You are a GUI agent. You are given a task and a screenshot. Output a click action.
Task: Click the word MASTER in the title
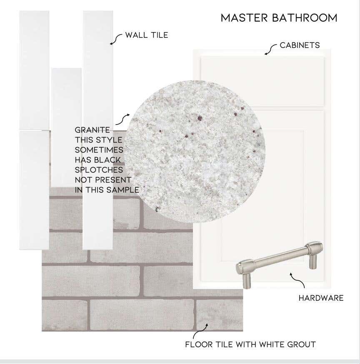(x=244, y=18)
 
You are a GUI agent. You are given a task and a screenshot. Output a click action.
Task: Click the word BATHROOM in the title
(x=305, y=18)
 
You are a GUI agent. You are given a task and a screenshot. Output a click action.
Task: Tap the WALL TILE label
(x=147, y=35)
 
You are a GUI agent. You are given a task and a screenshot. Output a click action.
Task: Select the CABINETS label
(x=300, y=45)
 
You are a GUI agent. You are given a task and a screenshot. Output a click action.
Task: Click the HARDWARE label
(x=321, y=298)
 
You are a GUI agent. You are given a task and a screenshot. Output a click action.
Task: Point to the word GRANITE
(x=92, y=130)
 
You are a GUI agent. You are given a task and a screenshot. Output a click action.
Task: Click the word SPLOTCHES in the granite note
(x=99, y=170)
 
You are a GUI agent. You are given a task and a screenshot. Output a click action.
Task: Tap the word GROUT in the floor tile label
(x=301, y=344)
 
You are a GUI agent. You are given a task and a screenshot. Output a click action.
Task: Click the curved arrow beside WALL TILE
(x=115, y=39)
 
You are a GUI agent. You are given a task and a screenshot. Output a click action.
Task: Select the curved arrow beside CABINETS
(x=270, y=49)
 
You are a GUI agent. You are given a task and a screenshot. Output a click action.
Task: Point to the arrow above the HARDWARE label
(x=298, y=280)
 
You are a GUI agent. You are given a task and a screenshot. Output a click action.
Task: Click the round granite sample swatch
(x=195, y=150)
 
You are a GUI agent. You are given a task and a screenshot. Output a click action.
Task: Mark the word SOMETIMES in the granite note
(x=99, y=150)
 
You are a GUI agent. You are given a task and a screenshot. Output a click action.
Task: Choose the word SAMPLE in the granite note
(x=123, y=189)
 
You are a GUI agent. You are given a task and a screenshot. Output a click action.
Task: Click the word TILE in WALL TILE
(x=159, y=35)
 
